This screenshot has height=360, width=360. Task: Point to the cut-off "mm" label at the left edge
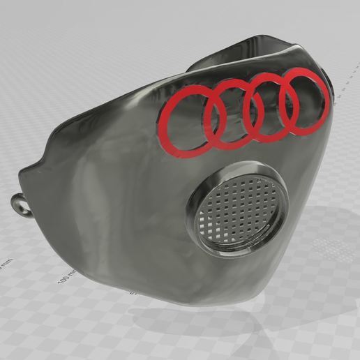[5, 267]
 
